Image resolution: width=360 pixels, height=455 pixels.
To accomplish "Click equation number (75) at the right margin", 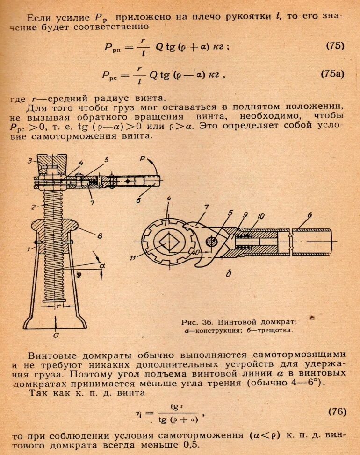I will pyautogui.click(x=334, y=46).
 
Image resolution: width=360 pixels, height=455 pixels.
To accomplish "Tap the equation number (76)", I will pyautogui.click(x=336, y=412).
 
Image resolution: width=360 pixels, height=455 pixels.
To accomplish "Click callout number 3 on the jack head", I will pyautogui.click(x=29, y=161).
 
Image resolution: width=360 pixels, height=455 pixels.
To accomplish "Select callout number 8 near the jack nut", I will pyautogui.click(x=100, y=236).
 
